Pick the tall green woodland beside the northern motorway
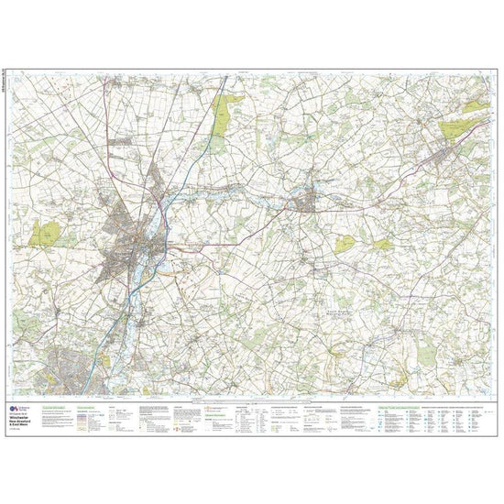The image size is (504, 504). click(x=223, y=118)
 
